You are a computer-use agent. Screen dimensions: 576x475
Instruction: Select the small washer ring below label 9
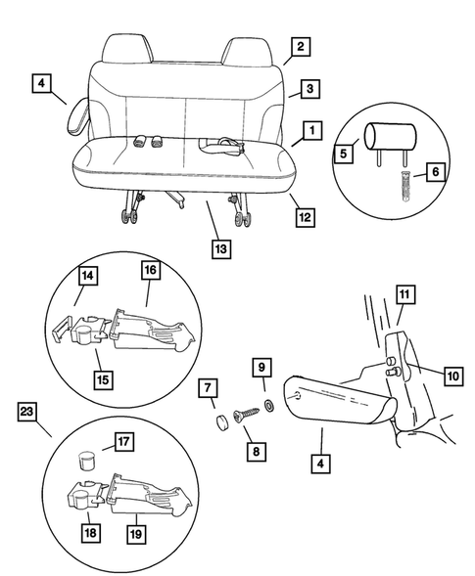[268, 404]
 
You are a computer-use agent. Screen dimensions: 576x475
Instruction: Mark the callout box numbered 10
[425, 376]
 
